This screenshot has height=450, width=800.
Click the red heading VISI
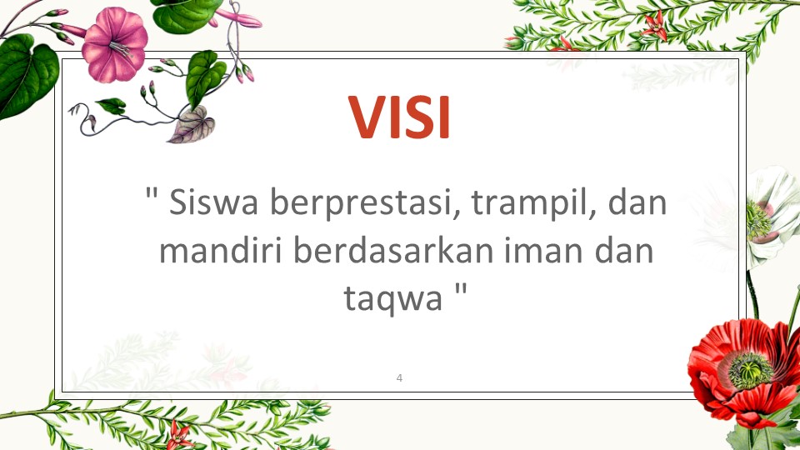coord(399,117)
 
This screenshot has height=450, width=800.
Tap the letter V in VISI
coord(367,117)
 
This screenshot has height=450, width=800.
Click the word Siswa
coord(214,202)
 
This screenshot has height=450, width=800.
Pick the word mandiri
coord(221,251)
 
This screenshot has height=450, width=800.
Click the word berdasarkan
coord(393,251)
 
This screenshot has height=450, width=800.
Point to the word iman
coord(543,251)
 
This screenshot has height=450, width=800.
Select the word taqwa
coord(392,299)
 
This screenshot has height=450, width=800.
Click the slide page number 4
coord(399,378)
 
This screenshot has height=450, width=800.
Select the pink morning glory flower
coord(115,45)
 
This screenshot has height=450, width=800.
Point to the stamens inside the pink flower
coord(120,49)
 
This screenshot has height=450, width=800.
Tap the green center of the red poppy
coord(749,371)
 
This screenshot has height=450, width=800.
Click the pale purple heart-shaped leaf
coord(192,125)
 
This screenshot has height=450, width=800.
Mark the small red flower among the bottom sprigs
coord(178,435)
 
